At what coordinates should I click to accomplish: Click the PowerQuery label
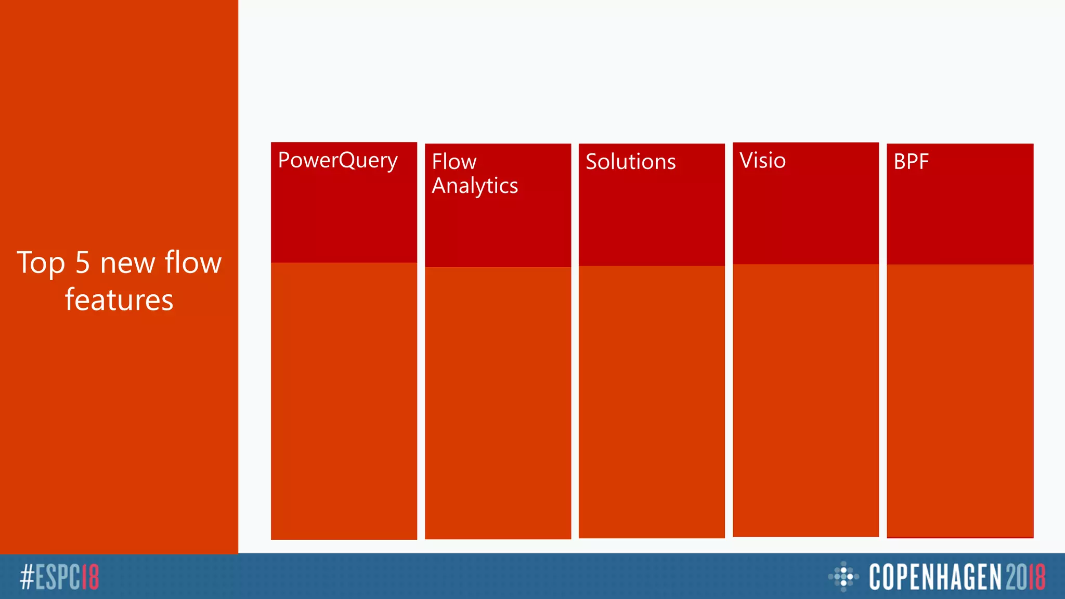[x=337, y=160]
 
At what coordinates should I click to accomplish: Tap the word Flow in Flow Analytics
[x=454, y=162]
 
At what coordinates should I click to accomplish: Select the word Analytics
[x=475, y=186]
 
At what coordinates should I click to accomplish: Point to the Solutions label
[x=630, y=162]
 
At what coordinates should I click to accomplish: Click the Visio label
[x=762, y=160]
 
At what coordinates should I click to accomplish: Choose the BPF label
[x=911, y=162]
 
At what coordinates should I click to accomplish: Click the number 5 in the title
[x=83, y=263]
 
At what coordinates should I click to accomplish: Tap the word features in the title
[x=119, y=300]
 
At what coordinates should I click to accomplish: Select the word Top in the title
[x=41, y=263]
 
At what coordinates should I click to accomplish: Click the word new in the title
[x=127, y=263]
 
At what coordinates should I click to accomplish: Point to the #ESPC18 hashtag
[x=59, y=577]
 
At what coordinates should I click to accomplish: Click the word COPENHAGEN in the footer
[x=935, y=577]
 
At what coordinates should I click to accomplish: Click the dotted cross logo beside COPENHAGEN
[x=843, y=576]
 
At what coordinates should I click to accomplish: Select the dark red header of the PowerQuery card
[x=344, y=218]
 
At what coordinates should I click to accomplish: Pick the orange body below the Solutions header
[x=652, y=400]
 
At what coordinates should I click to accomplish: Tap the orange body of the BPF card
[x=960, y=400]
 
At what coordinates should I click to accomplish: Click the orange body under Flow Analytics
[x=498, y=403]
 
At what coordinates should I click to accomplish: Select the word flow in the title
[x=193, y=263]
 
